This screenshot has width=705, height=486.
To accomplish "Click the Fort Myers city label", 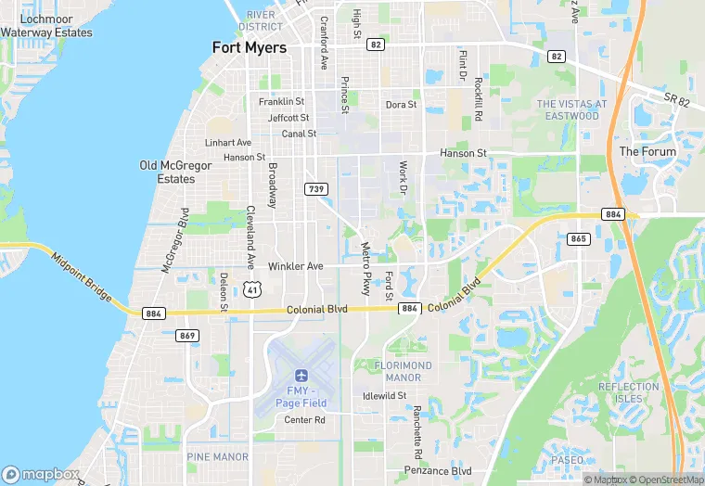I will point(249,47).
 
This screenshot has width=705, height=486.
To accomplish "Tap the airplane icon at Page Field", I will point(301,376).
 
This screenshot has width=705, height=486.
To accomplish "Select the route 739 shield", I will point(315,188).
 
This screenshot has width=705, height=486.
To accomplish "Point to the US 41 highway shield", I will point(251,289).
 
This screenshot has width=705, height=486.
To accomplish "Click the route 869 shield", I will point(186,335).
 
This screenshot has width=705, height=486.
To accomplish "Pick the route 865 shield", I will point(579,238).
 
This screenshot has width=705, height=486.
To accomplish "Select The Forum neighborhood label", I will point(647,151).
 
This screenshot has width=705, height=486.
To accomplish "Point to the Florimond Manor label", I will point(404,371).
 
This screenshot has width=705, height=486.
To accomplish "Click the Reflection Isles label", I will point(628,392).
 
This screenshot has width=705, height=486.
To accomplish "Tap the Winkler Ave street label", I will point(295,266).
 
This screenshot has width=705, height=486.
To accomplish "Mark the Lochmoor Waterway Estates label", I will point(46,26).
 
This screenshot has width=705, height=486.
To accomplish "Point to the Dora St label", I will point(401,105).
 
